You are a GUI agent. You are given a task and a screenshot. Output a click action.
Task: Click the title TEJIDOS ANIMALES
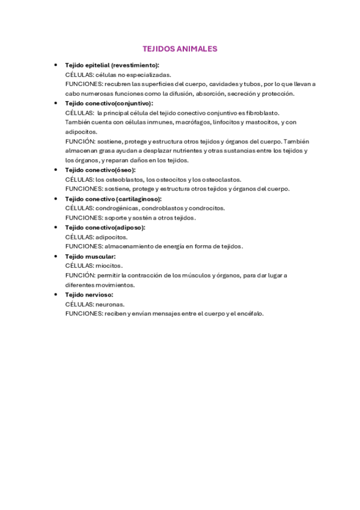click(180, 49)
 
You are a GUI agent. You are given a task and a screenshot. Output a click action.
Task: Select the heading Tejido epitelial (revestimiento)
click(112, 65)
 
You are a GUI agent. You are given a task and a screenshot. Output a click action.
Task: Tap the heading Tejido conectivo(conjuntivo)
click(109, 103)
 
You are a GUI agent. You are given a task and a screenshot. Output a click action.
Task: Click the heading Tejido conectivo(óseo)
click(100, 170)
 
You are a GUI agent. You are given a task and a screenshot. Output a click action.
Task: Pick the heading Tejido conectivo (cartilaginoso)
click(113, 198)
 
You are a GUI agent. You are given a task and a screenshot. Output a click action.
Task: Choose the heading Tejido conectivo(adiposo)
click(105, 227)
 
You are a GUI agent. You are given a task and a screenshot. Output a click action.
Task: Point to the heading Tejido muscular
click(90, 256)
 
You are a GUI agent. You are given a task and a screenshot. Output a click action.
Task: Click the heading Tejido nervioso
click(89, 295)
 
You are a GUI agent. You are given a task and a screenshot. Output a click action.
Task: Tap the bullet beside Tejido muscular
click(55, 256)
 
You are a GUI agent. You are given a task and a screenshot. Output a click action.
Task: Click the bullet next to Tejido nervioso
click(55, 295)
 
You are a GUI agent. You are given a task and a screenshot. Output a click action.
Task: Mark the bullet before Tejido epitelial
click(55, 65)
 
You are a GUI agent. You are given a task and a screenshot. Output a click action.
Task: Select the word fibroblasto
click(262, 112)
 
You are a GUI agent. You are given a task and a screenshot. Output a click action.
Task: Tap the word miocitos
click(109, 266)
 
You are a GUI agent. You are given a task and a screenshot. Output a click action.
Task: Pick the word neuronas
click(111, 304)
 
